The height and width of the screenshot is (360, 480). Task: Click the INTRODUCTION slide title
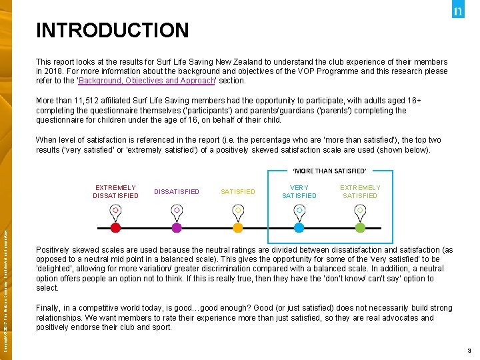(x=112, y=31)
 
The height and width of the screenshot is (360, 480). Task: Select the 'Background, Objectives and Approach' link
(x=147, y=81)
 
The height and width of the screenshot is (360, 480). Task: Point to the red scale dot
(x=115, y=227)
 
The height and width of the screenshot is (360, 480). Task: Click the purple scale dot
(x=177, y=227)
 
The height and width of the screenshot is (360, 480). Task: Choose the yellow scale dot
(x=238, y=227)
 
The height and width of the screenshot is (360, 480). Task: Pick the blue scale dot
(x=299, y=227)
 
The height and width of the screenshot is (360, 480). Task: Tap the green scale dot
(x=360, y=227)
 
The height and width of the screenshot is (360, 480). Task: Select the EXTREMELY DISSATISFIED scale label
(x=115, y=192)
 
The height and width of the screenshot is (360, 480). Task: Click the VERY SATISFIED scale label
(x=299, y=192)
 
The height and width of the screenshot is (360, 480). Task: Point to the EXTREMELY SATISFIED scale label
(x=360, y=192)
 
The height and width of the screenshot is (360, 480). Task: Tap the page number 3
(x=469, y=351)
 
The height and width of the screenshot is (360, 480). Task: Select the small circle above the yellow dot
(x=238, y=210)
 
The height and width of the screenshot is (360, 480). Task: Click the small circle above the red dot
(x=115, y=210)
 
